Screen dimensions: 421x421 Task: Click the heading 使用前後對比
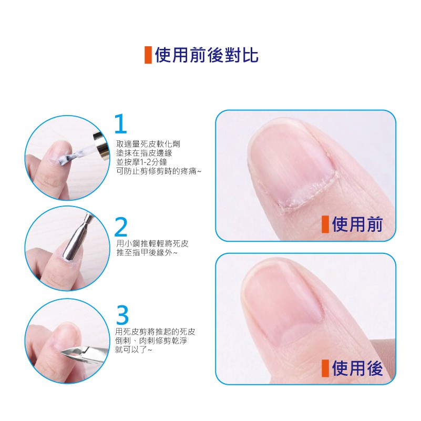pos(207,55)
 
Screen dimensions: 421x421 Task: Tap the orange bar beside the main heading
pos(148,55)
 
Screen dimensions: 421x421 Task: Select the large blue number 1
pos(121,124)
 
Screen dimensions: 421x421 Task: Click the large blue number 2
pos(121,227)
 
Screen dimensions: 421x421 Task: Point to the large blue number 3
pos(122,315)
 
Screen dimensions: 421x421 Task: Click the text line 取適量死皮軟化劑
pos(148,144)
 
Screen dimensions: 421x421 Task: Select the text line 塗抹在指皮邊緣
pos(144,153)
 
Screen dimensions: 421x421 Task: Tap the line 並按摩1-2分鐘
pos(141,162)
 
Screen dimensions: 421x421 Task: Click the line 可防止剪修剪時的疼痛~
pos(159,171)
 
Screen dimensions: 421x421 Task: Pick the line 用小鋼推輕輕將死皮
pos(152,243)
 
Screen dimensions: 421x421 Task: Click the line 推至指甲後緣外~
pos(147,253)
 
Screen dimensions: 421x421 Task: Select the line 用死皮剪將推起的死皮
pos(155,332)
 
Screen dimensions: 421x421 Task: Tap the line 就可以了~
pos(134,350)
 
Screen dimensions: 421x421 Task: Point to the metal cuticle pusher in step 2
pos(76,239)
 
